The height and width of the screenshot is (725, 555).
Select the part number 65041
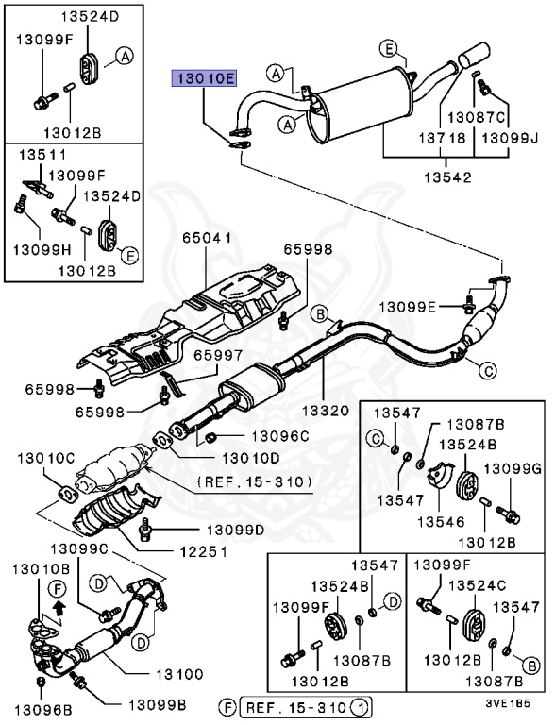click(206, 240)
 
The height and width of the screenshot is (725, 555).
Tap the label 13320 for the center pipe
click(326, 411)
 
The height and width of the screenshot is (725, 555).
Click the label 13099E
click(409, 306)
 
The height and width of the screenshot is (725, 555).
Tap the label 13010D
click(250, 458)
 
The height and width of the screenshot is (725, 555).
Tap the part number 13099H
click(39, 250)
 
